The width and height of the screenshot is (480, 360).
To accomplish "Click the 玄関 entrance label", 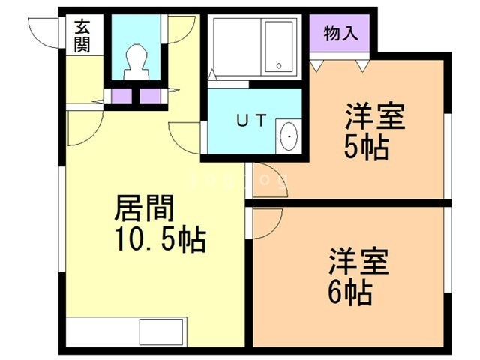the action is click(82, 35).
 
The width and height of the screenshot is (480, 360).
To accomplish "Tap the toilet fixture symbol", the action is click(136, 62).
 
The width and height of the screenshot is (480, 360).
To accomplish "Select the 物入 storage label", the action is click(340, 33).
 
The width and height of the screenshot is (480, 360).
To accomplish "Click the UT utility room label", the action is click(252, 120).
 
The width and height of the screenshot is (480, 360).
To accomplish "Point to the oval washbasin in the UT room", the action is click(289, 136).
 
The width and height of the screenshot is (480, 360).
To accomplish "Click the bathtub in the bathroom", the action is click(278, 46).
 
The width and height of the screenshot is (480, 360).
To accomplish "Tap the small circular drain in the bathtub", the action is click(279, 65).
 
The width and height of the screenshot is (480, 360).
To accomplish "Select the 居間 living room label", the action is click(144, 208).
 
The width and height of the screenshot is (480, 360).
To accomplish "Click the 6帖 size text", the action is click(350, 292).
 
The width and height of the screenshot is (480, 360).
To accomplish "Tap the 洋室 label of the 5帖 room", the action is click(375, 117).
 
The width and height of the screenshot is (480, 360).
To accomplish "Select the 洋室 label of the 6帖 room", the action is click(358, 261).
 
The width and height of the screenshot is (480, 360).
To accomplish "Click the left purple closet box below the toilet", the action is click(121, 96).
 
